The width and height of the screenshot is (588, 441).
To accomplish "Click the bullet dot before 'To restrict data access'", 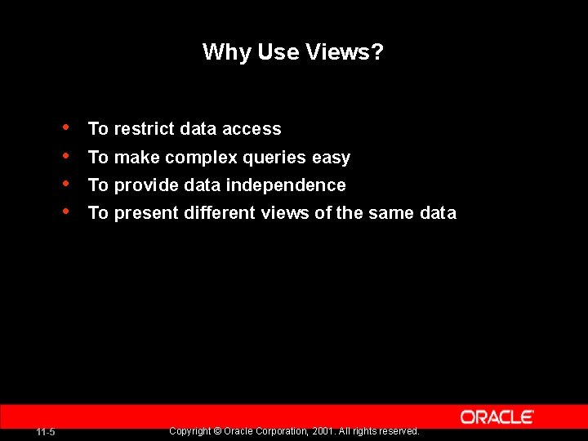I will click(65, 127).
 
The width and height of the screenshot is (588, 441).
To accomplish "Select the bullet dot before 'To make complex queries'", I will click(65, 155).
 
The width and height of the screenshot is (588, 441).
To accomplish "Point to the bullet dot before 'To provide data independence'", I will click(65, 183).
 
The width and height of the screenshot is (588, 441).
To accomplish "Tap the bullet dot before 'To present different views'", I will click(65, 211).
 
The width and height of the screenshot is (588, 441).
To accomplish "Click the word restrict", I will click(145, 129).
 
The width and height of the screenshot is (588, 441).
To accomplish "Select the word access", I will click(252, 129).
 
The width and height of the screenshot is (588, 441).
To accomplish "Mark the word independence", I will click(286, 185).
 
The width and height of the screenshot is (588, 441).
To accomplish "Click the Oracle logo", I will click(497, 417).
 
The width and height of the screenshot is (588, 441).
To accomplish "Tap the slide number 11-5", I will click(46, 432).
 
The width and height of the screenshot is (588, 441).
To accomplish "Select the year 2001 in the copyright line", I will click(323, 431).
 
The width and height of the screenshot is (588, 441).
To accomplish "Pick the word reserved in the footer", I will click(400, 431).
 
